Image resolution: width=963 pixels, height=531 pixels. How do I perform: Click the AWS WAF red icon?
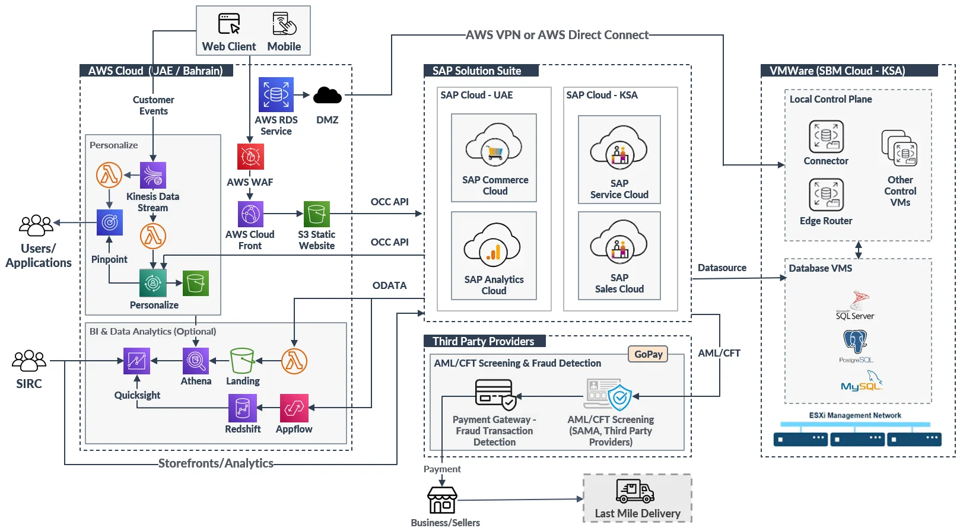tap(250, 157)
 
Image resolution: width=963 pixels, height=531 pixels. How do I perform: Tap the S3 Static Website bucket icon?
tap(317, 214)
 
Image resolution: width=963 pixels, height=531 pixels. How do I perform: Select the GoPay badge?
tap(648, 354)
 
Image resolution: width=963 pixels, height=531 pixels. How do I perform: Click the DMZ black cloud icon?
tap(327, 95)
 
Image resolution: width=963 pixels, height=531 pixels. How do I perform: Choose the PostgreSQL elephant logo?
tap(855, 342)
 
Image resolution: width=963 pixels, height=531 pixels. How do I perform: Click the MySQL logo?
tap(862, 381)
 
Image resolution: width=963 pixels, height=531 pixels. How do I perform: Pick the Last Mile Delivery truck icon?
tap(634, 491)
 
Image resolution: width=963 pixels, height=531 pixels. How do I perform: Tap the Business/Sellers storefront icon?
tap(442, 500)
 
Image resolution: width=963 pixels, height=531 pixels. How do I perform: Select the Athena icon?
tap(196, 361)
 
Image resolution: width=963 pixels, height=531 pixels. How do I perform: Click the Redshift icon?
tap(242, 408)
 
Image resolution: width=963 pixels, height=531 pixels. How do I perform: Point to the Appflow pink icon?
tap(294, 408)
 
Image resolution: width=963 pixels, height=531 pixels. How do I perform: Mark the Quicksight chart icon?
tap(136, 361)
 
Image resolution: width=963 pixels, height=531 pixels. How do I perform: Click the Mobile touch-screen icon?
tap(284, 24)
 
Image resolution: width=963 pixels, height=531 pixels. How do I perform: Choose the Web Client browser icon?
tap(229, 24)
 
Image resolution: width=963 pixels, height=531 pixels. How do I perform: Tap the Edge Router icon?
tap(826, 195)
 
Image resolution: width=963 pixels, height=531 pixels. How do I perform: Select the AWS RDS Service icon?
tap(276, 95)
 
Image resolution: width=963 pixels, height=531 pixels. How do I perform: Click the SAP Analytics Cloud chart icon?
tap(493, 249)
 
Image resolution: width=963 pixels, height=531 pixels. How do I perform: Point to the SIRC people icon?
tap(29, 361)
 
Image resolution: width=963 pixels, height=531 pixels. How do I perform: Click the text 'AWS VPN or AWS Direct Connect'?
tap(557, 35)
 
